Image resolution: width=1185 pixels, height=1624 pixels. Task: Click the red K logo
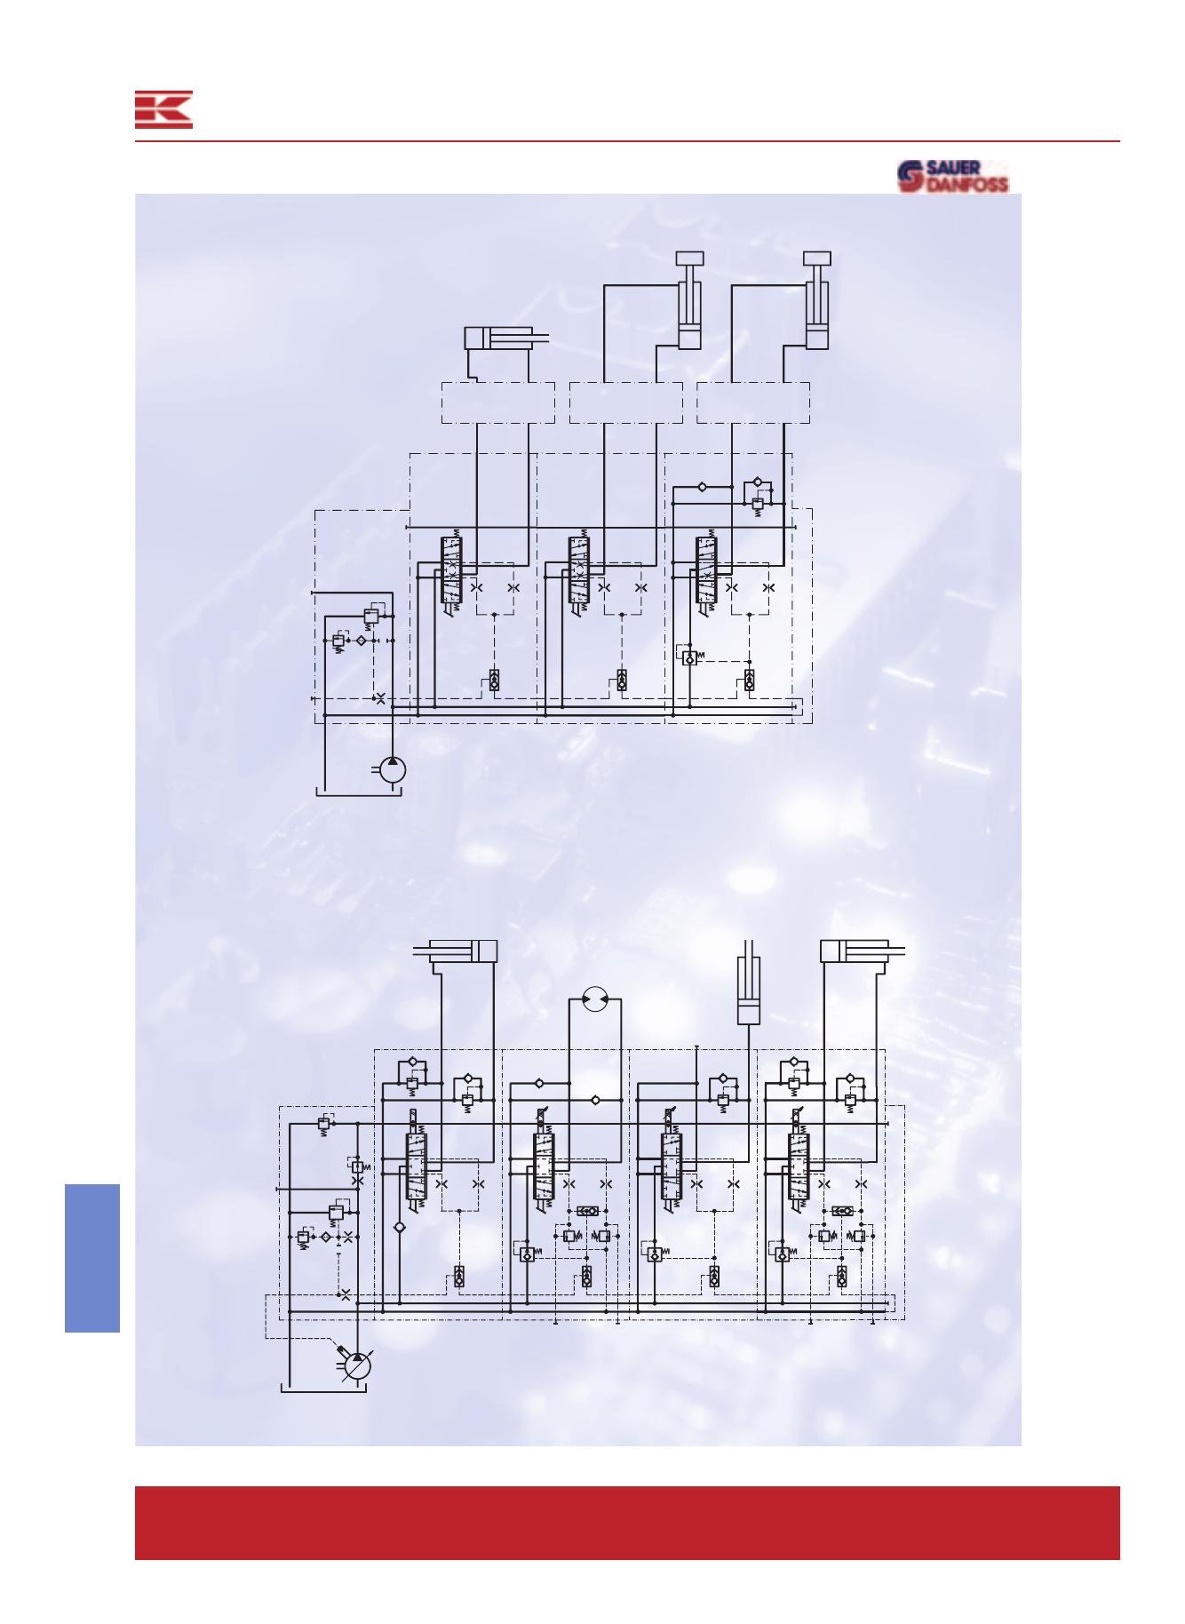[x=163, y=109]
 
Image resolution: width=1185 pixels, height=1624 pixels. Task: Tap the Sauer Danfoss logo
[x=953, y=176]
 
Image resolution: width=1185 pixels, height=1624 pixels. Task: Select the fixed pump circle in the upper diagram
[x=393, y=769]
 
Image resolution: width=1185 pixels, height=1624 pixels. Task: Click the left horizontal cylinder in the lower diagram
[x=456, y=951]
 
